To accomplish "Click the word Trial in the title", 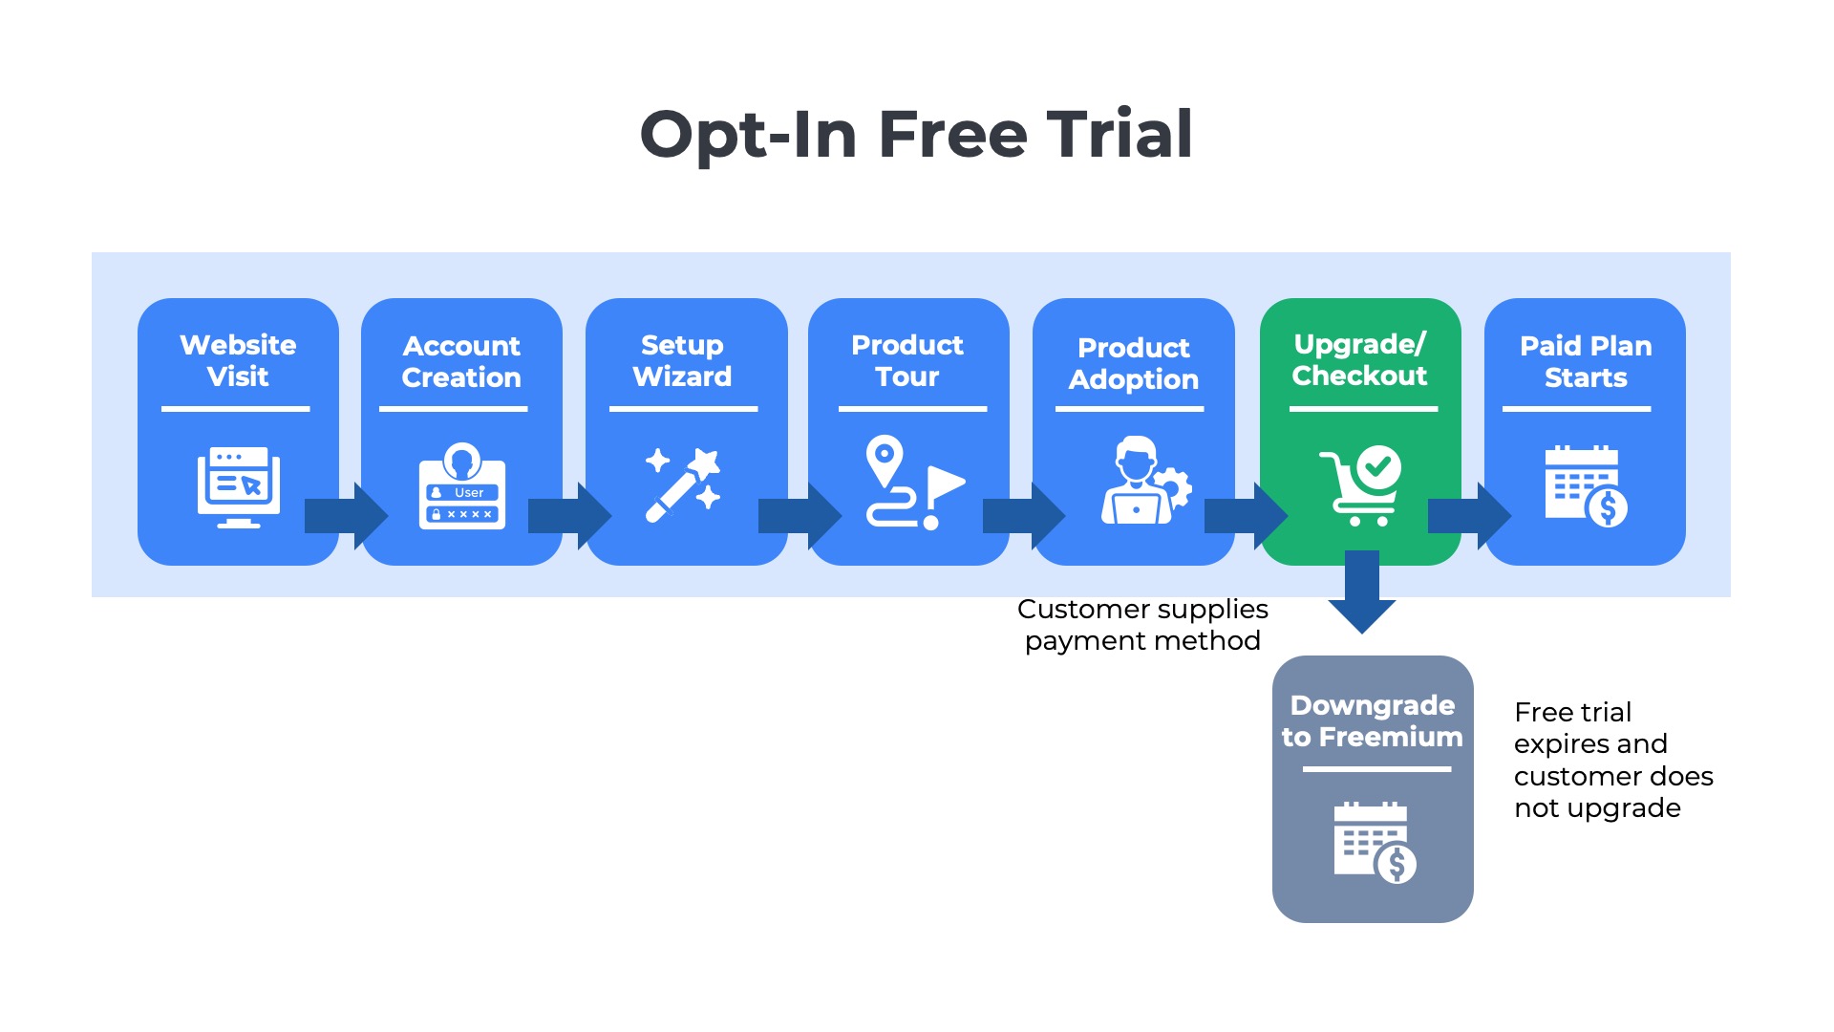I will pos(1120,134).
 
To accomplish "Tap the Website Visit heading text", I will pos(238,360).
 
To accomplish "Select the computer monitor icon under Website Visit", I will pos(239,486).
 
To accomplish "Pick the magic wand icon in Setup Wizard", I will pos(682,484).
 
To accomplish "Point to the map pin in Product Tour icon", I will pos(885,460).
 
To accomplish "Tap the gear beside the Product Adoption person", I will pos(1174,488).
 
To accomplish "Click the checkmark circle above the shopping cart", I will pos(1378,467).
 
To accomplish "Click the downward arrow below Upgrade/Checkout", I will pos(1362,592).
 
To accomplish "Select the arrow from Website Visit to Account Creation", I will pos(346,516).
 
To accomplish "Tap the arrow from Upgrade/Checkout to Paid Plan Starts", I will pos(1469,516).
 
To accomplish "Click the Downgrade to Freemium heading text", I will pos(1373,720).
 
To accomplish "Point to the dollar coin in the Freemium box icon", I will pos(1397,865).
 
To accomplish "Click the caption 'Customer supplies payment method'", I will pos(1142,624).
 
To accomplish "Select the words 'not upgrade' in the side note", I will pos(1597,808).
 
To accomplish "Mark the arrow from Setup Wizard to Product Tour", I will pos(800,516).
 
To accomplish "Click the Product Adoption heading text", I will pos(1134,363).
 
